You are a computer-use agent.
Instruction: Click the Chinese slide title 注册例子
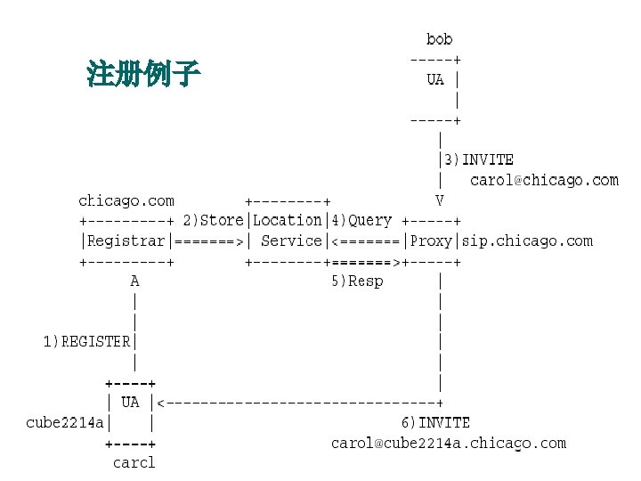143,73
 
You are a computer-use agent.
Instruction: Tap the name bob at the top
439,39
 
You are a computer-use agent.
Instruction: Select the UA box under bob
435,79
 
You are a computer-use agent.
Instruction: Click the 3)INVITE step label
475,159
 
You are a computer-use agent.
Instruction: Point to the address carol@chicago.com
544,180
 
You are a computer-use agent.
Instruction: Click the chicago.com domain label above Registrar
126,200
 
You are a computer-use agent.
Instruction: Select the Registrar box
126,240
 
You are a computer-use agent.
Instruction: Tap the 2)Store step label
214,220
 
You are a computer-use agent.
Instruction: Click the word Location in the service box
288,220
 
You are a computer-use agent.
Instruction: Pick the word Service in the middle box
291,240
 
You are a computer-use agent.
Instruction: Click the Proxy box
432,240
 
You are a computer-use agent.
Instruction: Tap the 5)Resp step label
357,281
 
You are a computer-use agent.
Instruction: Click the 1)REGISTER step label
87,341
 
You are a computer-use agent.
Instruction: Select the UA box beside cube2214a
130,403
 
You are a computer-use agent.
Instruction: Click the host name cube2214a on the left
65,422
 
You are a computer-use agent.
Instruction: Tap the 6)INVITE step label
434,422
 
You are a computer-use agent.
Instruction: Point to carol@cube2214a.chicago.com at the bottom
448,443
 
